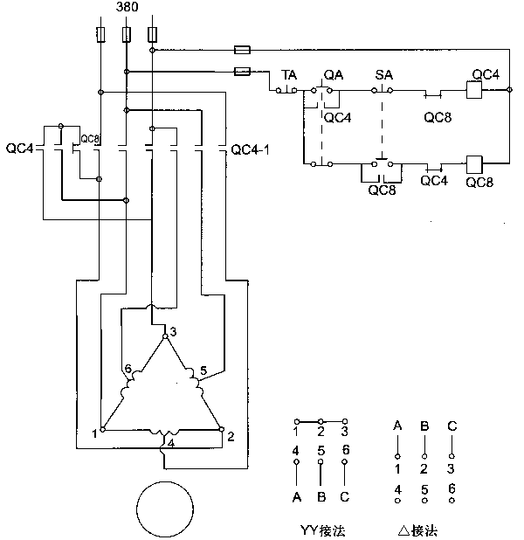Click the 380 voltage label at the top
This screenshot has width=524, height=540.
coord(128,8)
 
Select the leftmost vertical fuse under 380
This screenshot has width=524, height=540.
coord(100,35)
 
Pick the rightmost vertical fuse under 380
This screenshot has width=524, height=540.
coord(153,35)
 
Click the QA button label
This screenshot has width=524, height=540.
coord(333,75)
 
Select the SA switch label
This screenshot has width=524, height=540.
coord(383,75)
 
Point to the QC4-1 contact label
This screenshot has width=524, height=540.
coord(250,149)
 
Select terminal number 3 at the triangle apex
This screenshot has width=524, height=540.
coord(173,331)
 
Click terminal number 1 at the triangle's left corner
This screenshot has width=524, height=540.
coord(94,432)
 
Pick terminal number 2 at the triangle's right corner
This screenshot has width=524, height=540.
coord(231,433)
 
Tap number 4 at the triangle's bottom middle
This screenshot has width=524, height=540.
coord(171,443)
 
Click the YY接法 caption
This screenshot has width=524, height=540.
coord(321,529)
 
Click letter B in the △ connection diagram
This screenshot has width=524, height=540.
coord(424,426)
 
